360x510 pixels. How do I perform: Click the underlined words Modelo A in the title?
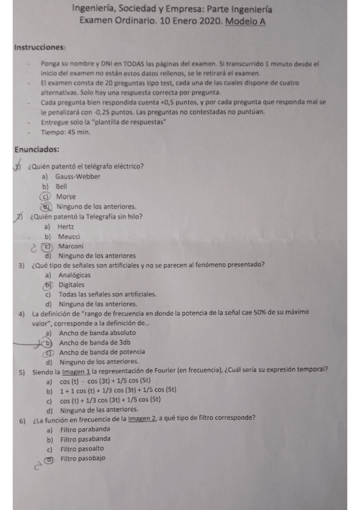pyautogui.click(x=245, y=22)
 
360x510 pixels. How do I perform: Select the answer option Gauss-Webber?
pyautogui.click(x=78, y=176)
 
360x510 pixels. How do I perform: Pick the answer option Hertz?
pyautogui.click(x=66, y=227)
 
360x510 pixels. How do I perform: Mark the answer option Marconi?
pyautogui.click(x=71, y=247)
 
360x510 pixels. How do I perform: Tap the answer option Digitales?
pyautogui.click(x=72, y=285)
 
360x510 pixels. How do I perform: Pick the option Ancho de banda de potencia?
pyautogui.click(x=102, y=352)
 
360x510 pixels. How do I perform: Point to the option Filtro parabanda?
pyautogui.click(x=85, y=429)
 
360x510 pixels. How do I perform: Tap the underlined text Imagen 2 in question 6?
pyautogui.click(x=143, y=418)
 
